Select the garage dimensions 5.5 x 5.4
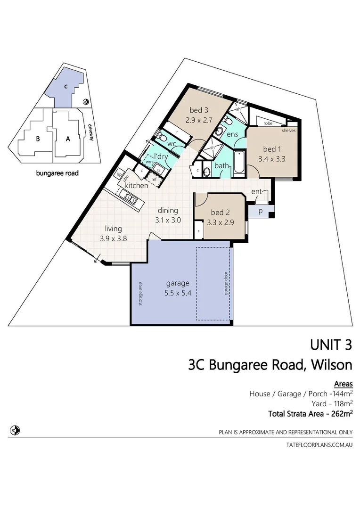[x=178, y=293]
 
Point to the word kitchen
[x=136, y=185]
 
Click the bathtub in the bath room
[x=239, y=164]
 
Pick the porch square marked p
[x=260, y=212]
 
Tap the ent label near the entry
[x=257, y=191]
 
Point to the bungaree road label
[x=57, y=173]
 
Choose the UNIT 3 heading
[x=331, y=345]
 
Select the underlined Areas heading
[x=343, y=384]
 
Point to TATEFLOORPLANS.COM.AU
[x=319, y=444]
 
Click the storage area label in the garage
[x=140, y=294]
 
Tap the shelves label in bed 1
[x=288, y=130]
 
